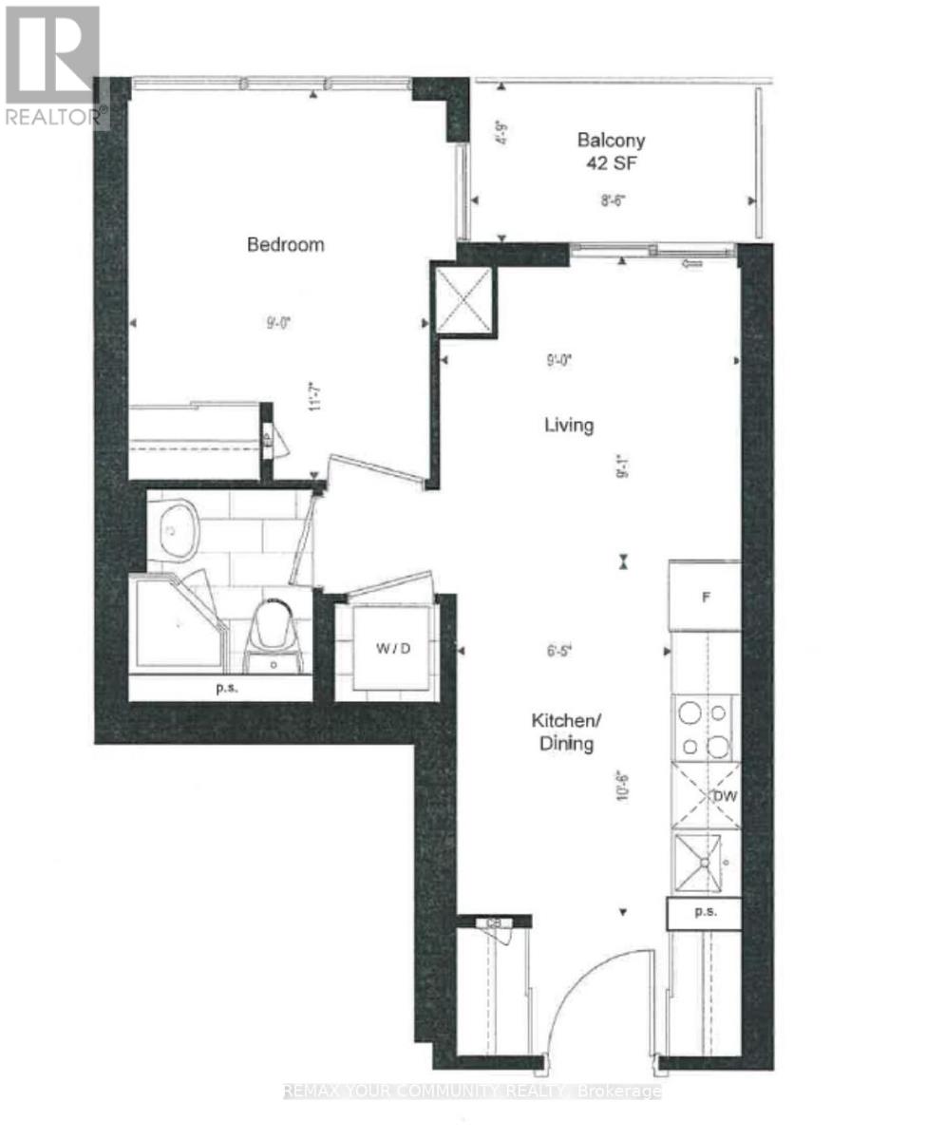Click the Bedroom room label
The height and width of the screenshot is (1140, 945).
(286, 244)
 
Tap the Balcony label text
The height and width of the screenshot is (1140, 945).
(612, 140)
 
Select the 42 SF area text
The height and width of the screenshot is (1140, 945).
(612, 161)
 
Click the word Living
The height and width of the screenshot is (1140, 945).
(568, 425)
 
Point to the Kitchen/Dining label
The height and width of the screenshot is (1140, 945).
(562, 732)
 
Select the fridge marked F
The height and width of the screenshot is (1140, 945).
(704, 598)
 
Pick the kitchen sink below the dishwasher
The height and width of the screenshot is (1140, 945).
(705, 861)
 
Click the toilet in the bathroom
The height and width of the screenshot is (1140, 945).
(274, 635)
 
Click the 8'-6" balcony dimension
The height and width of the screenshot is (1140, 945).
(612, 200)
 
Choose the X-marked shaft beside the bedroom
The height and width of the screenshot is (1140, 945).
(464, 299)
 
